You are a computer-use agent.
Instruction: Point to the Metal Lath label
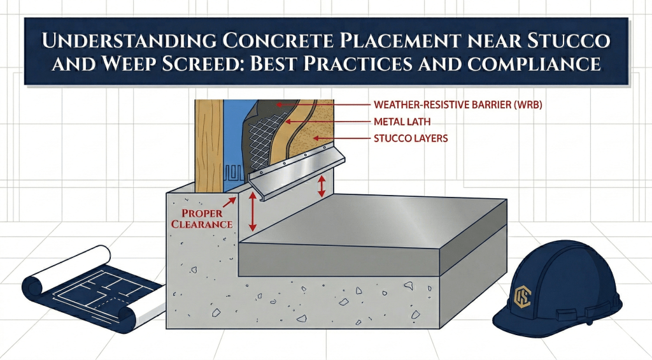tap(400, 121)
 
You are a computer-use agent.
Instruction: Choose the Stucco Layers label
tap(411, 138)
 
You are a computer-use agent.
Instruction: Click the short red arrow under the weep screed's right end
tap(322, 185)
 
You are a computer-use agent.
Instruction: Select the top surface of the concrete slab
tap(382, 220)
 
